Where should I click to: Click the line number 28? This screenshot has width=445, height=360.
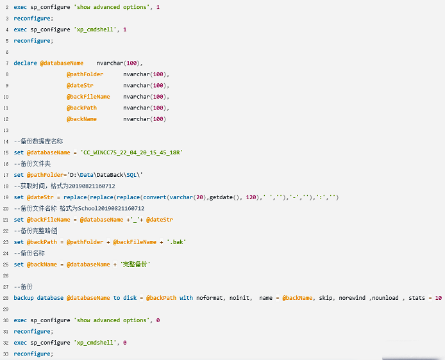pos(5,298)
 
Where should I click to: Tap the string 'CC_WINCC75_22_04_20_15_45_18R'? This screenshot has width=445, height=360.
pos(131,152)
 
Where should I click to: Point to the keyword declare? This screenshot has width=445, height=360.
pos(25,63)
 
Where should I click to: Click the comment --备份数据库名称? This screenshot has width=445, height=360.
pos(38,141)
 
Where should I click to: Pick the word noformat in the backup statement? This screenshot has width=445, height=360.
pos(210,298)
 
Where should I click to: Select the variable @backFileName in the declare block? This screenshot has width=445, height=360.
pos(88,97)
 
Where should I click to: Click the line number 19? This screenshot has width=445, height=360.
pos(5,197)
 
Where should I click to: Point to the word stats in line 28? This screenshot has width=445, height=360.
pos(417,298)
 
